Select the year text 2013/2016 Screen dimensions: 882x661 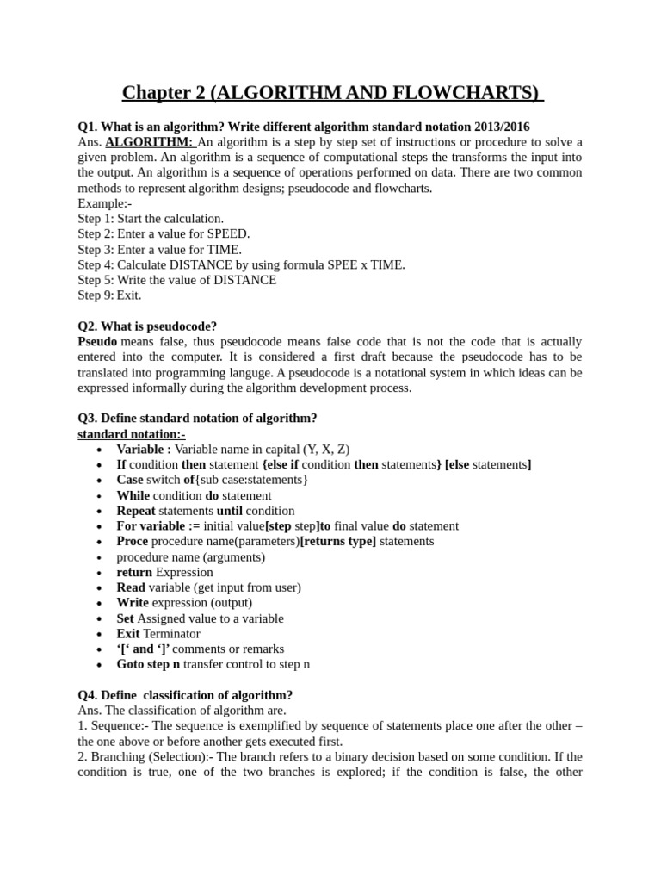pos(498,127)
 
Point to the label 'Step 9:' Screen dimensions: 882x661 pos(96,295)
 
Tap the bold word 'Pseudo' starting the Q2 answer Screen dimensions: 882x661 pos(97,342)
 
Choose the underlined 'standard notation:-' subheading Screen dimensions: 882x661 pos(131,434)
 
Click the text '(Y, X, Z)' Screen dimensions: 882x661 pos(326,450)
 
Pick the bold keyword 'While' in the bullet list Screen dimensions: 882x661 pos(133,496)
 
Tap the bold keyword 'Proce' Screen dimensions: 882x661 pos(133,542)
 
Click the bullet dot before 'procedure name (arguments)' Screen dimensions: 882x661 pos(101,557)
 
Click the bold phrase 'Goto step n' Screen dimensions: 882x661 pos(149,665)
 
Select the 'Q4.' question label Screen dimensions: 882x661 pos(88,695)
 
